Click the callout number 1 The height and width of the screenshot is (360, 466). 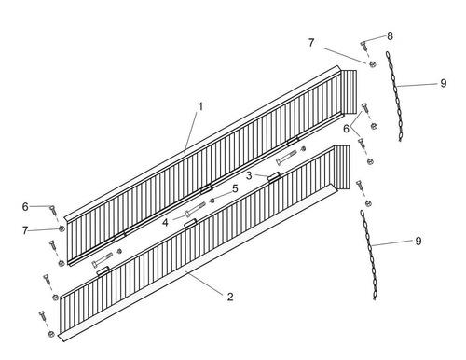coord(200,106)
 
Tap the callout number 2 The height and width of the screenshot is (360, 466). coord(230,297)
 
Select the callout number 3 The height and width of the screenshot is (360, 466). coord(249,175)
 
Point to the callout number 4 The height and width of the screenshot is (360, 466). coord(165,222)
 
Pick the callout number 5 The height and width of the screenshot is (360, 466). coord(235,188)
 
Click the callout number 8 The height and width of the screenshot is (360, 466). coord(390,35)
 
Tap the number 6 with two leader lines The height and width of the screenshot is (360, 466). coord(347,129)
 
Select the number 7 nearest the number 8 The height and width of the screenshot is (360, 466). coord(311,43)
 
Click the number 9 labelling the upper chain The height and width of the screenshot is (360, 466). coord(444,83)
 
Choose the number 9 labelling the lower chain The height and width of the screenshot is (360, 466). coord(418,241)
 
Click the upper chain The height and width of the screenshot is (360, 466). coord(394,96)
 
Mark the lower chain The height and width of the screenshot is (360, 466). coord(369,255)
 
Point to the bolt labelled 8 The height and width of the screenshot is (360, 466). coord(363,46)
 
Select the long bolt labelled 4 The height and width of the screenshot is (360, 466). coord(195,209)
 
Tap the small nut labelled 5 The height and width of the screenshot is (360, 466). coord(212,201)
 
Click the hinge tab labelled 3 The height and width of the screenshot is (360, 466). coord(274,176)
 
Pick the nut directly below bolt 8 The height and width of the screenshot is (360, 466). coord(372,64)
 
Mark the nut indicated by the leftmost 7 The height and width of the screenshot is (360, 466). coord(62,228)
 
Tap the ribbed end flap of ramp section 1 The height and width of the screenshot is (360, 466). coord(349,91)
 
